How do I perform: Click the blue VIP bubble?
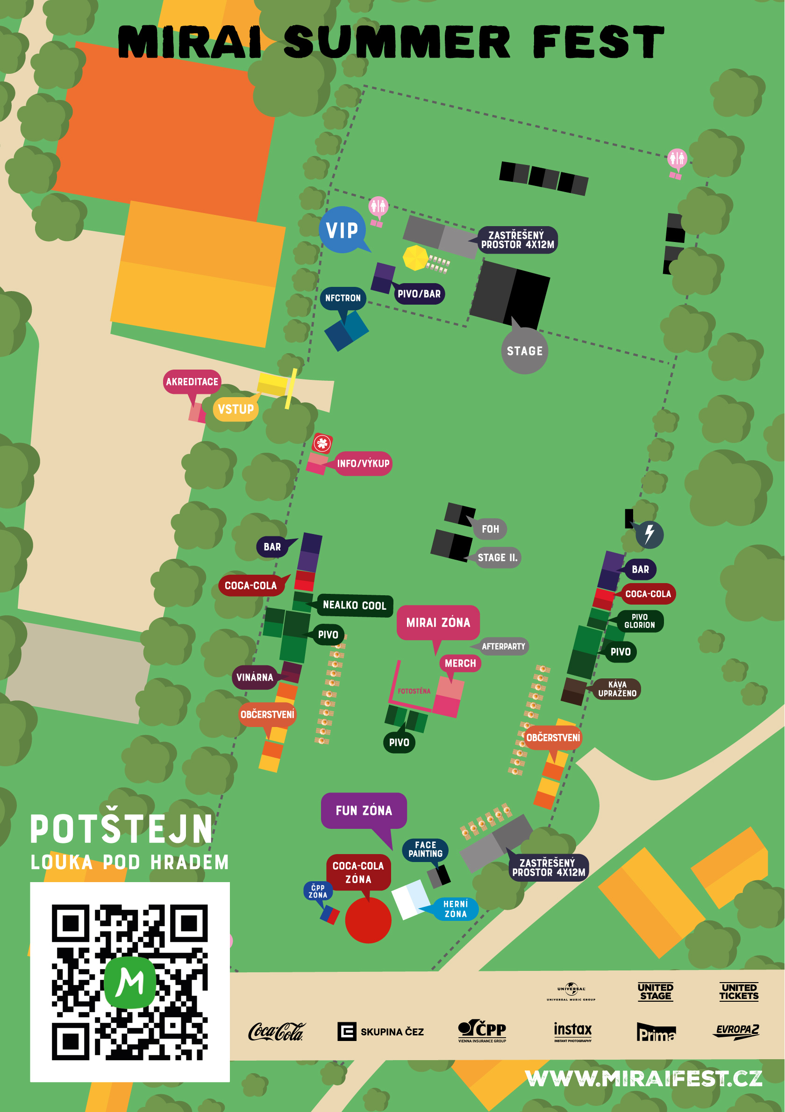coord(342,230)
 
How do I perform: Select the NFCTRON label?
coord(343,298)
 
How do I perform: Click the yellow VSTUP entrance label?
coord(236,409)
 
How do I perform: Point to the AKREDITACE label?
coord(192,382)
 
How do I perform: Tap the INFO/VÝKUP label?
coord(363,463)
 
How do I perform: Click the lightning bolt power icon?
coord(649,535)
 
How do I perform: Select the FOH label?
coord(490,529)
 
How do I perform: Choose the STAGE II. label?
coord(497,557)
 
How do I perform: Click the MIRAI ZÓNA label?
coord(438,622)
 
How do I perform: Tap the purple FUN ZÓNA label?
coord(364,811)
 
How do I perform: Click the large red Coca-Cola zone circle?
coord(368,920)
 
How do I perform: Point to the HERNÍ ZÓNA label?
coord(456,909)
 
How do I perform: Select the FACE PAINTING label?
coord(425,849)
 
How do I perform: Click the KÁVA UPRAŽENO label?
coord(617,689)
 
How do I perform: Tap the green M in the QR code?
coord(130,982)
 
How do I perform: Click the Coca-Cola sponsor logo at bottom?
coord(276,1032)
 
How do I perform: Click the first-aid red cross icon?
coord(322,442)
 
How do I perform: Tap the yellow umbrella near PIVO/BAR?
coord(415,257)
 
